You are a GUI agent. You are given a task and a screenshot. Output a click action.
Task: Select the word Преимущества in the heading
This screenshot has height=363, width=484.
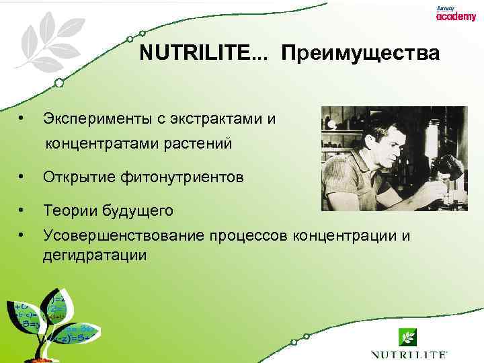point(361,53)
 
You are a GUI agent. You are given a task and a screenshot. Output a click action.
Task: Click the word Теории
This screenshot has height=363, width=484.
point(71,211)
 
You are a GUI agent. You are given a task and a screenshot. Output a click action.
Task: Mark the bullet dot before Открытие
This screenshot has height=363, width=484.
point(23,177)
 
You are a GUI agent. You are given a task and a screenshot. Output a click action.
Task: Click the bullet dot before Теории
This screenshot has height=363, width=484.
point(23,210)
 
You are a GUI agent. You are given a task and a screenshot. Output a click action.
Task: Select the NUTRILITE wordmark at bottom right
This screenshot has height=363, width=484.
point(409,354)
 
